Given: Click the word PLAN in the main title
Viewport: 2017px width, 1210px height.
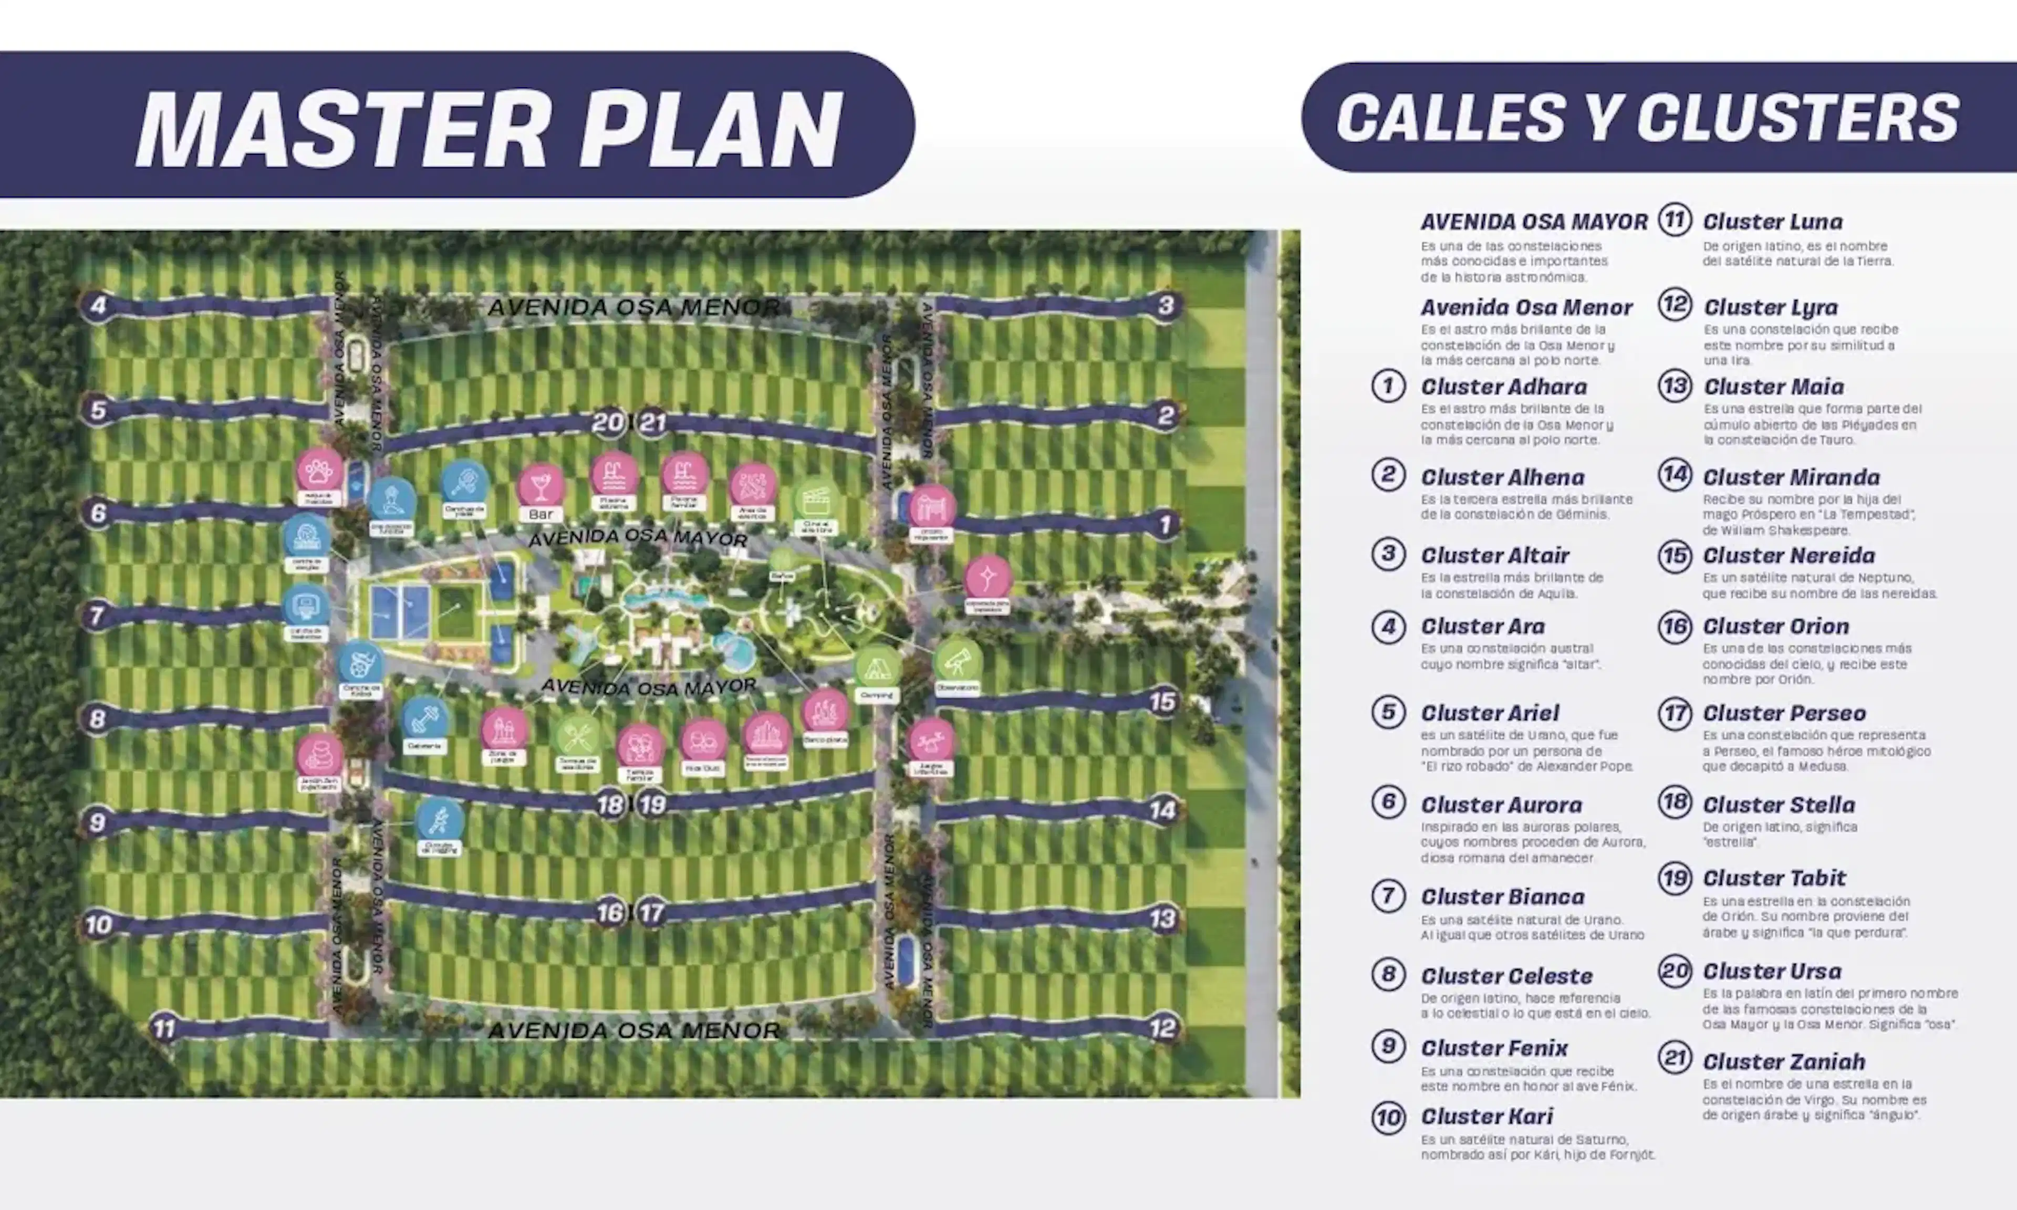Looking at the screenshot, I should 711,128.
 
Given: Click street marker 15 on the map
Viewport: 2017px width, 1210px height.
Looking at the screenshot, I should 1162,701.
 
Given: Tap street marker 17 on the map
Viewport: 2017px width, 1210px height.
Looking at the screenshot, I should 651,912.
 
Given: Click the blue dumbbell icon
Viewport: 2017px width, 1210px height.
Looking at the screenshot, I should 424,718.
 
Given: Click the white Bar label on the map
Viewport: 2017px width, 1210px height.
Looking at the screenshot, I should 540,515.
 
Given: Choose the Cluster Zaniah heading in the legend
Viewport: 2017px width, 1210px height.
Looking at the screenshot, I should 1784,1061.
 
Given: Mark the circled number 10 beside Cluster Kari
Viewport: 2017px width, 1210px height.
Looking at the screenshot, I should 1388,1117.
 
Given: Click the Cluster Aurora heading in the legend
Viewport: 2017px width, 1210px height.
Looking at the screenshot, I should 1501,805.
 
